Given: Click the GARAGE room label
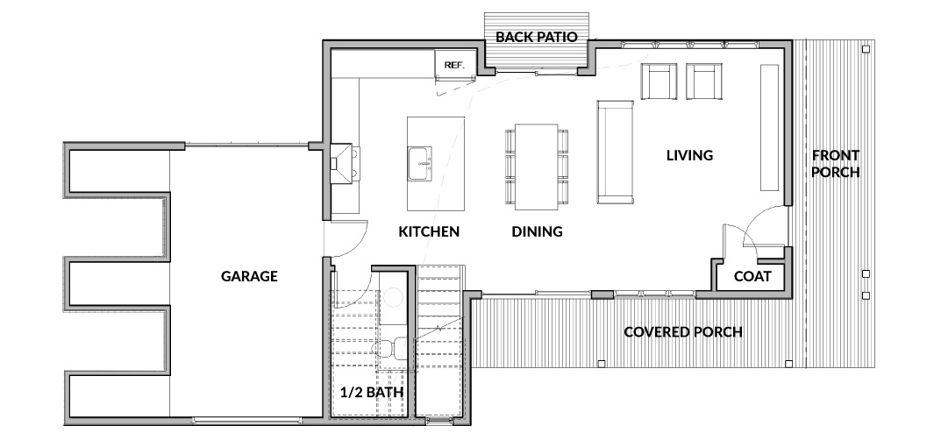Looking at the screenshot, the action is pos(249,276).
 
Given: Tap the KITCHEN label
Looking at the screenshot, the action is pos(429,231).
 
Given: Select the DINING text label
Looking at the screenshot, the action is pos(537,231).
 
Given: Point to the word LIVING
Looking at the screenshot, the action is pos(689,155).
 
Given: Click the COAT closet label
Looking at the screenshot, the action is pos(752,277).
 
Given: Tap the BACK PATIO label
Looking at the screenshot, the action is pos(537,37).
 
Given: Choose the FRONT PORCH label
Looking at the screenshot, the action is pos(836,164).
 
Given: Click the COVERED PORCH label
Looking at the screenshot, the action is pos(683,332).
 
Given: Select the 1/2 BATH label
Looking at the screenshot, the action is pos(372,393).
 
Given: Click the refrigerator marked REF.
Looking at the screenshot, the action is pos(455,64).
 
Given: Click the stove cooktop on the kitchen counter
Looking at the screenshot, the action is pos(345,163).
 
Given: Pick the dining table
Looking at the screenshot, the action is pos(537,167).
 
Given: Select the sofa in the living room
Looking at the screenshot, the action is pos(615,153).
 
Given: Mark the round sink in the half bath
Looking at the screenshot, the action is pos(394,297).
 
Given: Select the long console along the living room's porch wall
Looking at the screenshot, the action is pos(769,127).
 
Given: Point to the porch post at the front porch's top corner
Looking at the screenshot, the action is pos(866,48).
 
